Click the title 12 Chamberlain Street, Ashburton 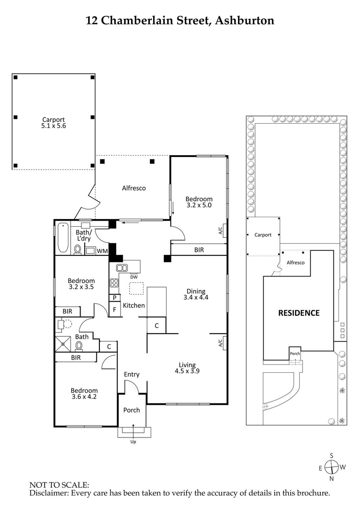click(x=180, y=20)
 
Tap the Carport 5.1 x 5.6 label click(x=54, y=123)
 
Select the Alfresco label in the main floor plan click(x=134, y=188)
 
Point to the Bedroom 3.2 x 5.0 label click(x=199, y=202)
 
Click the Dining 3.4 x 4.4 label click(x=196, y=294)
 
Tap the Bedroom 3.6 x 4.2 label click(x=84, y=394)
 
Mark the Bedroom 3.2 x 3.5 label click(x=81, y=284)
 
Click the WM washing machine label click(x=102, y=250)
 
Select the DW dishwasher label click(x=134, y=276)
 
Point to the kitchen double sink click(x=122, y=268)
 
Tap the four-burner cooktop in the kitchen click(x=114, y=283)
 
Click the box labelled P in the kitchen click(x=115, y=298)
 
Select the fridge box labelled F click(x=115, y=309)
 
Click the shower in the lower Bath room click(x=63, y=344)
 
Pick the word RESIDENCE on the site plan click(x=298, y=313)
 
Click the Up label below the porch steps click(x=133, y=442)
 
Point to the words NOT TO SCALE click(x=59, y=485)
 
